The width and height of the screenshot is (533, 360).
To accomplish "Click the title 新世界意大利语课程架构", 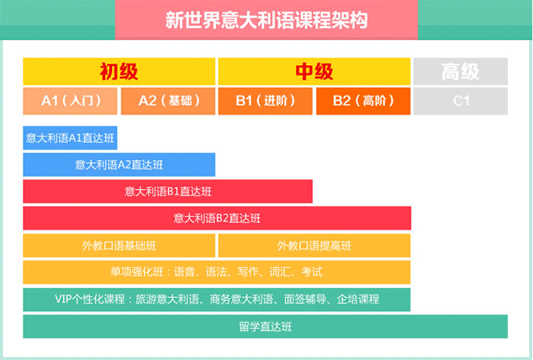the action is click(x=266, y=20).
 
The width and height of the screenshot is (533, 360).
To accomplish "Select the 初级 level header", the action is click(x=119, y=71).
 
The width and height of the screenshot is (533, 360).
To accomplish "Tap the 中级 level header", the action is click(x=314, y=71).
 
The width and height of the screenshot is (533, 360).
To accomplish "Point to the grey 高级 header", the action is click(x=461, y=71).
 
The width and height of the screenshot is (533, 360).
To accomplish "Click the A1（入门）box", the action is click(x=70, y=101).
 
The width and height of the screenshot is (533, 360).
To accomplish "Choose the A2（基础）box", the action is click(x=168, y=101).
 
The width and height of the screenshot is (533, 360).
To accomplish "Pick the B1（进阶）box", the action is click(x=265, y=101).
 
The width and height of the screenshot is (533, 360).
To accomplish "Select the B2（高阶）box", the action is click(x=363, y=101).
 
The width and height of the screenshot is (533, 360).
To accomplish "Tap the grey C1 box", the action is click(x=461, y=101).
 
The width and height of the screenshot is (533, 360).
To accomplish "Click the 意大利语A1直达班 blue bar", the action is click(x=70, y=138).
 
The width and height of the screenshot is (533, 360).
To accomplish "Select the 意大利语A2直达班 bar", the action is click(x=119, y=165).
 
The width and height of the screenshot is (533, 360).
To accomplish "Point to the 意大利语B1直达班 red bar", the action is click(x=168, y=191).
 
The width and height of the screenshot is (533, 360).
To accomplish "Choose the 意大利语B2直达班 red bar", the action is click(x=217, y=218).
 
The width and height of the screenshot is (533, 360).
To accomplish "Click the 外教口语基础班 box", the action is click(x=119, y=245).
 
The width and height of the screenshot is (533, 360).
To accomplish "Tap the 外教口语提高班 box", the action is click(x=314, y=245).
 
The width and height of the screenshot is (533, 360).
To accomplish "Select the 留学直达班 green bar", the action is click(x=266, y=326).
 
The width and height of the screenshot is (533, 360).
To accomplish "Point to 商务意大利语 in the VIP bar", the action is click(x=241, y=299).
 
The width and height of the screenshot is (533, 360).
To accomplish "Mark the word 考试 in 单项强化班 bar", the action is click(x=311, y=272).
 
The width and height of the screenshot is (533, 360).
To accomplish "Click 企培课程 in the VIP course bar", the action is click(x=358, y=299).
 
